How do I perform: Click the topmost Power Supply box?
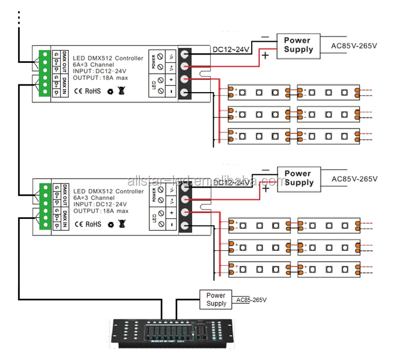click(x=297, y=45)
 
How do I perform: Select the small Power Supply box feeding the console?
click(x=216, y=299)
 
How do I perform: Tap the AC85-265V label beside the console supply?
click(x=251, y=300)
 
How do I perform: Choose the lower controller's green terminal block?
click(x=43, y=206)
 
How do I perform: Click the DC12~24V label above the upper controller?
click(x=232, y=50)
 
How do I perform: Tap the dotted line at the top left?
click(x=19, y=18)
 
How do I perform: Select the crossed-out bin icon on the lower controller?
click(x=122, y=223)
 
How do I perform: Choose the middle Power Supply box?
click(x=298, y=178)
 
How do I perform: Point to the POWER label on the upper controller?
click(x=154, y=62)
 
